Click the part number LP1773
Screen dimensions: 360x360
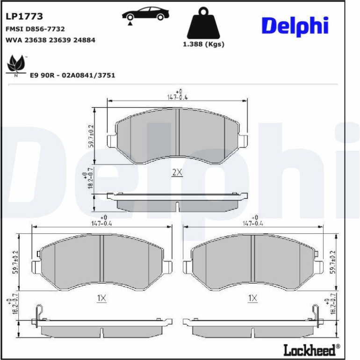(24, 16)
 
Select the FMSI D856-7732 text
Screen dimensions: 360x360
(35, 29)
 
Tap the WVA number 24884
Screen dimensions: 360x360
(84, 40)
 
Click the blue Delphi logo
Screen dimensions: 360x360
(295, 26)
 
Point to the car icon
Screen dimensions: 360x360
(145, 14)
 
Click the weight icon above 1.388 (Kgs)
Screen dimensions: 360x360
(203, 23)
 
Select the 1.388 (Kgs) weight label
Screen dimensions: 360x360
(203, 44)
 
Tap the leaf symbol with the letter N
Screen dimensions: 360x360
(16, 65)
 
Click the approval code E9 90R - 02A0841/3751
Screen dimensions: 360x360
(72, 75)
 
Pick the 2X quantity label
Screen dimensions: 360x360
(177, 173)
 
